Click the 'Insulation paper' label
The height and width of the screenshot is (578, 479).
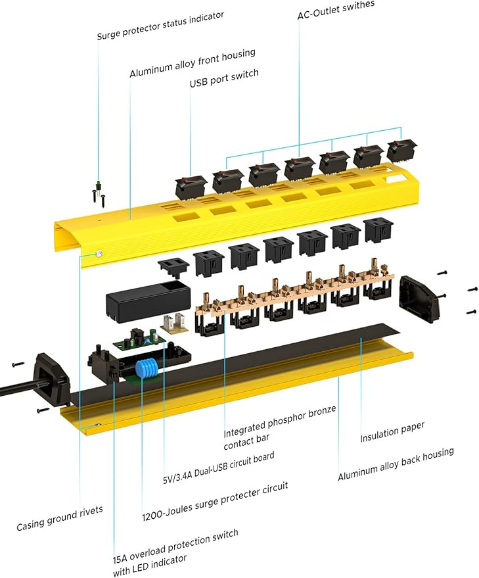392,432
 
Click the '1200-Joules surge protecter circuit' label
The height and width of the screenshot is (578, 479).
215,502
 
